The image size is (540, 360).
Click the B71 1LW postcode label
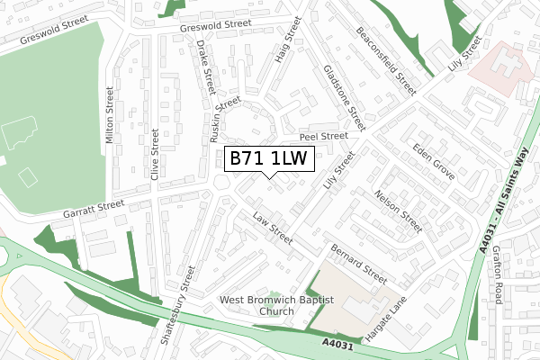[x=269, y=159]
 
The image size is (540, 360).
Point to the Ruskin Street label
[x=217, y=120]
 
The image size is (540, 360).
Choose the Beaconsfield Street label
[x=386, y=60]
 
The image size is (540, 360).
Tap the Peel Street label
[x=323, y=136]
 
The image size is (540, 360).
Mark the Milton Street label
[x=110, y=115]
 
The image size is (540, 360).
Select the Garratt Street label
[x=93, y=210]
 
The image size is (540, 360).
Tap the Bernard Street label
[x=358, y=262]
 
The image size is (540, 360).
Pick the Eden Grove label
[x=433, y=160]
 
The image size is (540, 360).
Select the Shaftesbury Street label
[x=176, y=306]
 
